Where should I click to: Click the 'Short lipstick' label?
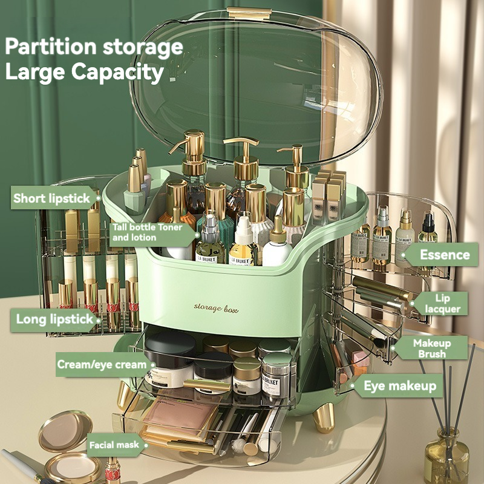pyautogui.click(x=51, y=198)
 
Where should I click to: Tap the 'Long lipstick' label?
pyautogui.click(x=54, y=319)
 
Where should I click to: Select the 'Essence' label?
pyautogui.click(x=445, y=255)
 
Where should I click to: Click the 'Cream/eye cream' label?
pyautogui.click(x=102, y=364)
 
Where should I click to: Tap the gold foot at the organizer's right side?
pyautogui.click(x=324, y=417)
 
